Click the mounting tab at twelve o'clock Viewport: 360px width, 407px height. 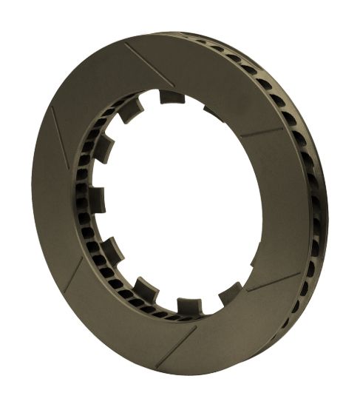(x=171, y=97)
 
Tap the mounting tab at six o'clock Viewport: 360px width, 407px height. (x=189, y=305)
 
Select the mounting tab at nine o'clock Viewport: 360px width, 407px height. (x=97, y=199)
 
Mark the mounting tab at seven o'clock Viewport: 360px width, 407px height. (x=145, y=289)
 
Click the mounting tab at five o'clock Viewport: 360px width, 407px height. (x=230, y=293)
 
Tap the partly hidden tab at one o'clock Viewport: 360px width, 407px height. (x=213, y=113)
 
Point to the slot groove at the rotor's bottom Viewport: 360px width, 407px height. (x=176, y=345)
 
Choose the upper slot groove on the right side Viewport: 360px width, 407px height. (x=262, y=132)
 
